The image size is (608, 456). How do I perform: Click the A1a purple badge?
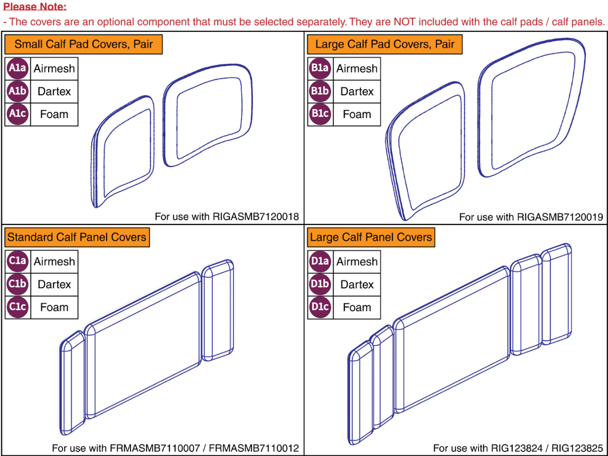point(17,68)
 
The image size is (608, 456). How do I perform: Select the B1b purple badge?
point(320,91)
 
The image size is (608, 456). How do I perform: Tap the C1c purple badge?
point(17,307)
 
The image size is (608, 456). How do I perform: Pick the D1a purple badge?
point(320,261)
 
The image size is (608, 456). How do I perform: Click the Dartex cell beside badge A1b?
point(54,91)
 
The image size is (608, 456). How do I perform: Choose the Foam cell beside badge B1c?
point(357,114)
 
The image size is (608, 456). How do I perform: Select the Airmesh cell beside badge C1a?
point(54,261)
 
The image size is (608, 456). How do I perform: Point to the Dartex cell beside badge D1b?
point(357,285)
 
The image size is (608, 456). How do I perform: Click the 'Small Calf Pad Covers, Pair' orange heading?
point(83,44)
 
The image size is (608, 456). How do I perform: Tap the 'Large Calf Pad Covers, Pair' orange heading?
point(385,44)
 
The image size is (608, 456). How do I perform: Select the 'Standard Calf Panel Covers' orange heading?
point(77,237)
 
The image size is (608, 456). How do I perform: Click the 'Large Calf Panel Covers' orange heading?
point(371,237)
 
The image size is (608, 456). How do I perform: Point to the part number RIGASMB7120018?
point(256,217)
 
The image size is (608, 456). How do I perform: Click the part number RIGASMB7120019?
point(560,217)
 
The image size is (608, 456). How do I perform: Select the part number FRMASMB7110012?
point(254,448)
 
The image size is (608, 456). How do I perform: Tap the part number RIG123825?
point(577,448)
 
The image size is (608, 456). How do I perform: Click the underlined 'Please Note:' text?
point(35,6)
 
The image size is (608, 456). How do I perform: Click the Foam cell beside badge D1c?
point(357,307)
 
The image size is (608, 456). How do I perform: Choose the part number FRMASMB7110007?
point(155,448)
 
